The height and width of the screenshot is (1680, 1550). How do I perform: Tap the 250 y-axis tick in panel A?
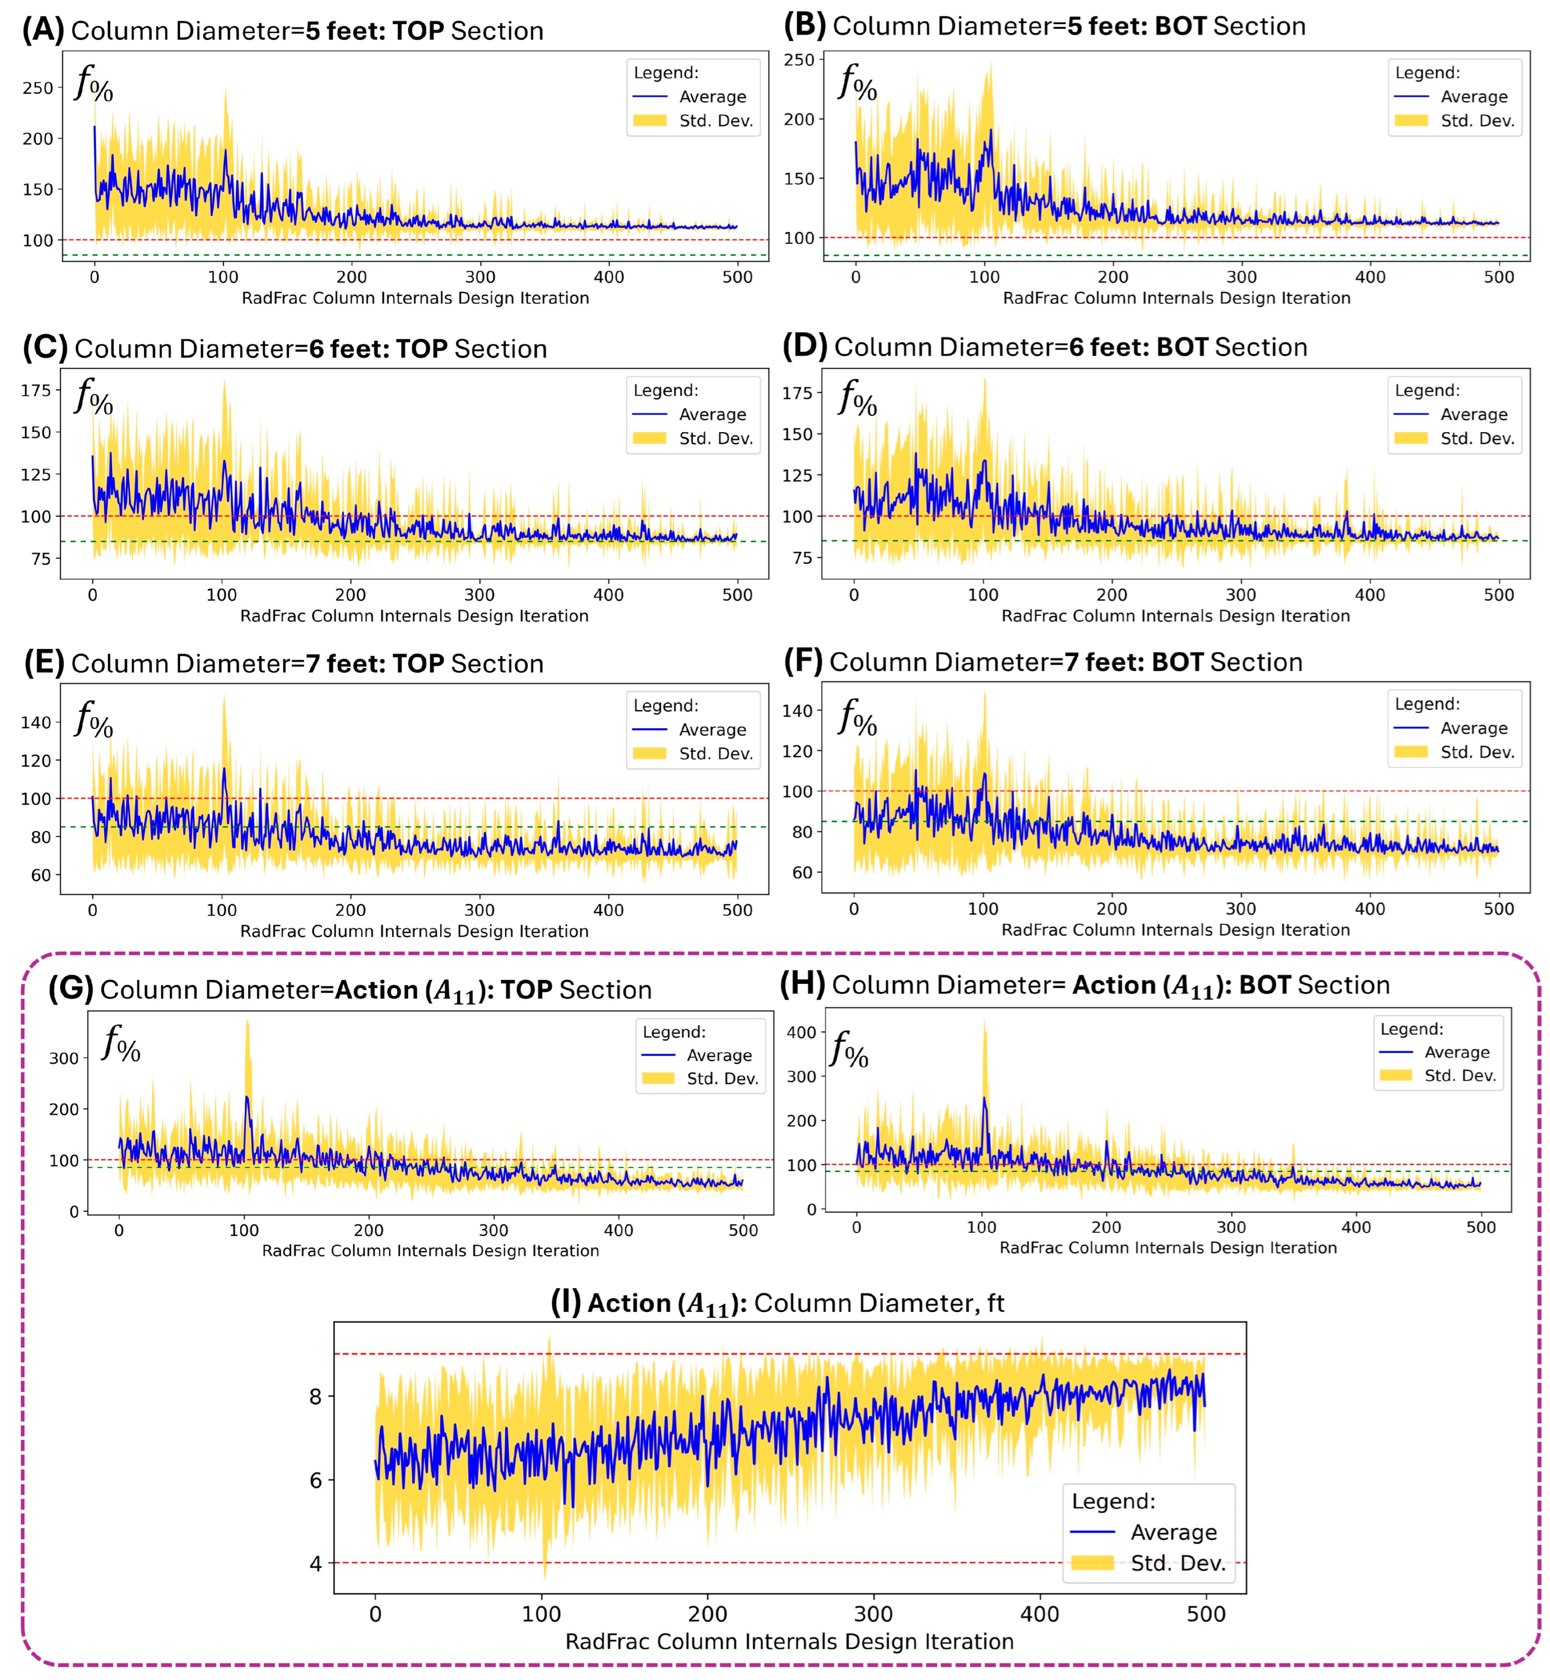[38, 88]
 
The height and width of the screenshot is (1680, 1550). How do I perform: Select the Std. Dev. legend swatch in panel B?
[1411, 121]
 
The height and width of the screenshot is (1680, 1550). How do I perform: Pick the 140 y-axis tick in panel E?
[36, 722]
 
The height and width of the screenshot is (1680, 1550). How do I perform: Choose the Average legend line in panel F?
[1411, 728]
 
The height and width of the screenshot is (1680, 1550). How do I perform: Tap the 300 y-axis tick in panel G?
[64, 1059]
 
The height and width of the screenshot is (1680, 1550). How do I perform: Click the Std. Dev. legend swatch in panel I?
[1092, 1563]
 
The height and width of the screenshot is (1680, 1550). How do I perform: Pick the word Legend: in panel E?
[666, 706]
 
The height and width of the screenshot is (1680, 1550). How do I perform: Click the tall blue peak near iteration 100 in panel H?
[984, 1099]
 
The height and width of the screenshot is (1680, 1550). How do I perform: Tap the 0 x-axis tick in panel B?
[855, 277]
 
